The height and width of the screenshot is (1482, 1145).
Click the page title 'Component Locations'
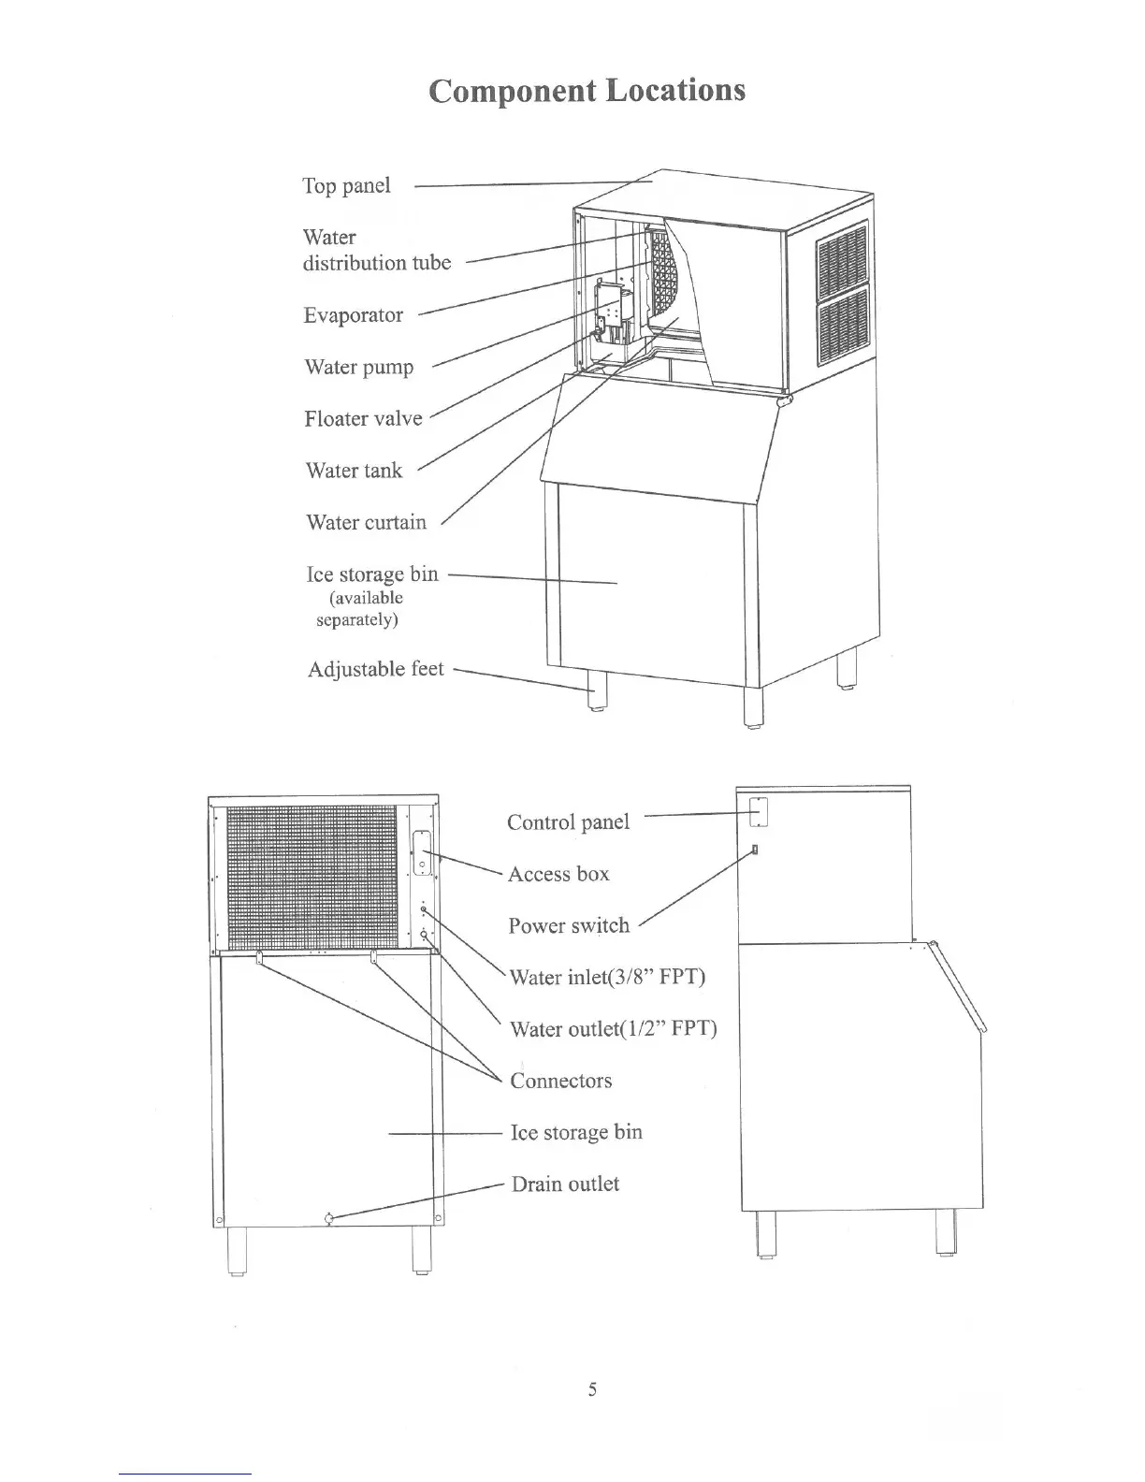click(587, 91)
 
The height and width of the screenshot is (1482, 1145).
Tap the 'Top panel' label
click(346, 185)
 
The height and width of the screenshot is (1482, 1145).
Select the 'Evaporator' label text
click(353, 315)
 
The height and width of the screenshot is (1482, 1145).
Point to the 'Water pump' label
click(358, 367)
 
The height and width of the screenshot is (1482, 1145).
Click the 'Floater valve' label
click(363, 418)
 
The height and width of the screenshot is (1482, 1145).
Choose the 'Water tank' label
click(354, 470)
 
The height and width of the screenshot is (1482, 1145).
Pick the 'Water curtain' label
click(366, 522)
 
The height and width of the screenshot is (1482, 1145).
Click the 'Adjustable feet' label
click(375, 669)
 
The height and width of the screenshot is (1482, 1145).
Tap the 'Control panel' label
click(568, 822)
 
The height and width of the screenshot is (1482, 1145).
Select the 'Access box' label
click(558, 874)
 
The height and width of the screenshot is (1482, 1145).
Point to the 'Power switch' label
click(569, 925)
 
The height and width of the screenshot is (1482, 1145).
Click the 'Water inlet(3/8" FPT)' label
click(607, 978)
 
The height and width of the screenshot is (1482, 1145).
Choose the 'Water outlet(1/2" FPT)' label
click(613, 1029)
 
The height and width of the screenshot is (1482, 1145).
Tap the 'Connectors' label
click(560, 1081)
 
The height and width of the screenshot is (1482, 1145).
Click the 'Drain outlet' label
click(565, 1184)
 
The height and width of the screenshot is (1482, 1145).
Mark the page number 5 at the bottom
click(592, 1389)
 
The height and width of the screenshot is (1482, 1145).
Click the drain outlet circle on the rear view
click(328, 1218)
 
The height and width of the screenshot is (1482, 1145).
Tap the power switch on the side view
click(754, 850)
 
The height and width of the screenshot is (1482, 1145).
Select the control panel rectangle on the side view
click(760, 812)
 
